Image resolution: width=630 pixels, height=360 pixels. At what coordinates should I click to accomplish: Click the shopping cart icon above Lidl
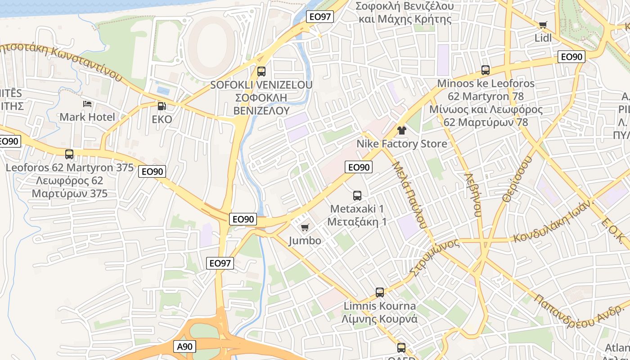pyautogui.click(x=543, y=25)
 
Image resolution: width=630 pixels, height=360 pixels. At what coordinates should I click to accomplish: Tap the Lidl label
pyautogui.click(x=543, y=38)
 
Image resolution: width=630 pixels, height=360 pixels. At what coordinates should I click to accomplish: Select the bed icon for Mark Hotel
pyautogui.click(x=87, y=104)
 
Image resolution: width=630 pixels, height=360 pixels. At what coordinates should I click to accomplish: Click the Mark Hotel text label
pyautogui.click(x=87, y=117)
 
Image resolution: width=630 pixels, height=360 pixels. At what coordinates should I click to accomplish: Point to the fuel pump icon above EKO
pyautogui.click(x=162, y=106)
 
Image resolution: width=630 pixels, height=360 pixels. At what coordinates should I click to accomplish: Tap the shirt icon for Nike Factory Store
pyautogui.click(x=401, y=130)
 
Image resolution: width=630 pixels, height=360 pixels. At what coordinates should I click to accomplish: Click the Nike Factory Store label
pyautogui.click(x=402, y=144)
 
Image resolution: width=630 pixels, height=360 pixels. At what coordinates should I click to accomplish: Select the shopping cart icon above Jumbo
pyautogui.click(x=305, y=228)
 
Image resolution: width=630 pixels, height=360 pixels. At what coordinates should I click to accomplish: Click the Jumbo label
pyautogui.click(x=305, y=241)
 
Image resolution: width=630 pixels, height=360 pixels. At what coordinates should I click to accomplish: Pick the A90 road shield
pyautogui.click(x=184, y=346)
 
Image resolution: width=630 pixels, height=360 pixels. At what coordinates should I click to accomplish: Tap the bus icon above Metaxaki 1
pyautogui.click(x=357, y=196)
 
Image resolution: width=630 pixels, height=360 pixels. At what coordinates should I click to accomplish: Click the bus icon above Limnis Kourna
pyautogui.click(x=379, y=292)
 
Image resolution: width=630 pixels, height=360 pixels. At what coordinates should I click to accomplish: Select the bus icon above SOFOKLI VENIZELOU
pyautogui.click(x=261, y=72)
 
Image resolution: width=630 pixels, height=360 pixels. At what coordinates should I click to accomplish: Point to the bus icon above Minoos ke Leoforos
pyautogui.click(x=485, y=70)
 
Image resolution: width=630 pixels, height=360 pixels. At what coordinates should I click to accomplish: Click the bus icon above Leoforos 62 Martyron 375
pyautogui.click(x=69, y=154)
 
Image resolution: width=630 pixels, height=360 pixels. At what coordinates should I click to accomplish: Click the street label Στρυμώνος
pyautogui.click(x=435, y=256)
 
